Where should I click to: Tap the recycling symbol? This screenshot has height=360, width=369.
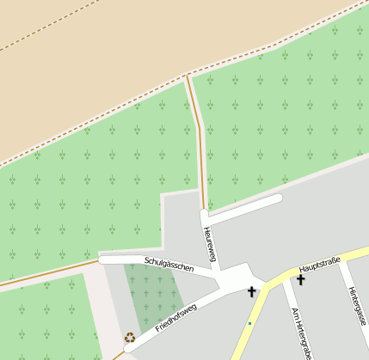130,338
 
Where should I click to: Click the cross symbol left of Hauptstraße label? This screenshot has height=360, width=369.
252,292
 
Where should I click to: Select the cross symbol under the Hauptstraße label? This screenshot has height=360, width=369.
301,279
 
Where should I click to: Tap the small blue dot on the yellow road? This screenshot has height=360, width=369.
249,323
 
